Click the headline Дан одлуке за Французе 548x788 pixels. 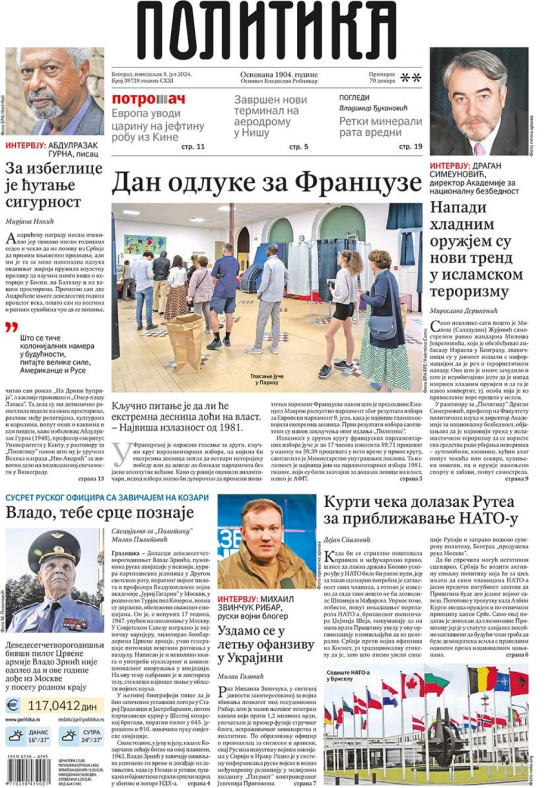click(266, 182)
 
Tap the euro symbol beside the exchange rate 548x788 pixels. click(12, 706)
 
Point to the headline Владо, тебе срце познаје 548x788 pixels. click(99, 511)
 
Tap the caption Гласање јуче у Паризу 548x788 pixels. click(265, 380)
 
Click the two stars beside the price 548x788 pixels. click(411, 78)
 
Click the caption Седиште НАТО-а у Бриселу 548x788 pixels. click(345, 674)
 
